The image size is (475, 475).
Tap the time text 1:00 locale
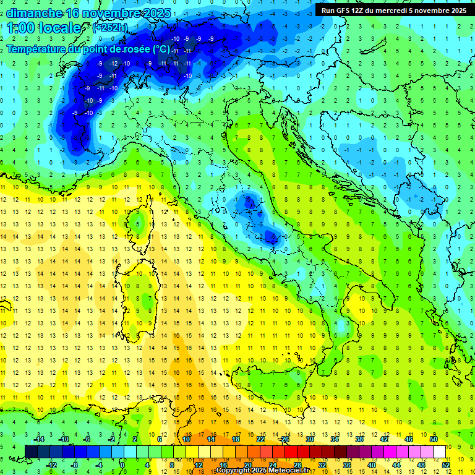click(44, 28)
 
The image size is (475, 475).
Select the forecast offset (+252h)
click(110, 28)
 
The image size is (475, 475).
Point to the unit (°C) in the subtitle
click(161, 48)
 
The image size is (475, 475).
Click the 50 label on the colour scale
click(434, 439)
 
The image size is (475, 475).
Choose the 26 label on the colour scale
click(285, 439)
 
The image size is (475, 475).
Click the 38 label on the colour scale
click(359, 439)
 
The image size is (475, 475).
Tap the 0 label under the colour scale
click(122, 465)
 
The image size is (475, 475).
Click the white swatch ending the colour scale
click(440, 451)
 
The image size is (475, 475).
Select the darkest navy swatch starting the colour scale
click(31, 451)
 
